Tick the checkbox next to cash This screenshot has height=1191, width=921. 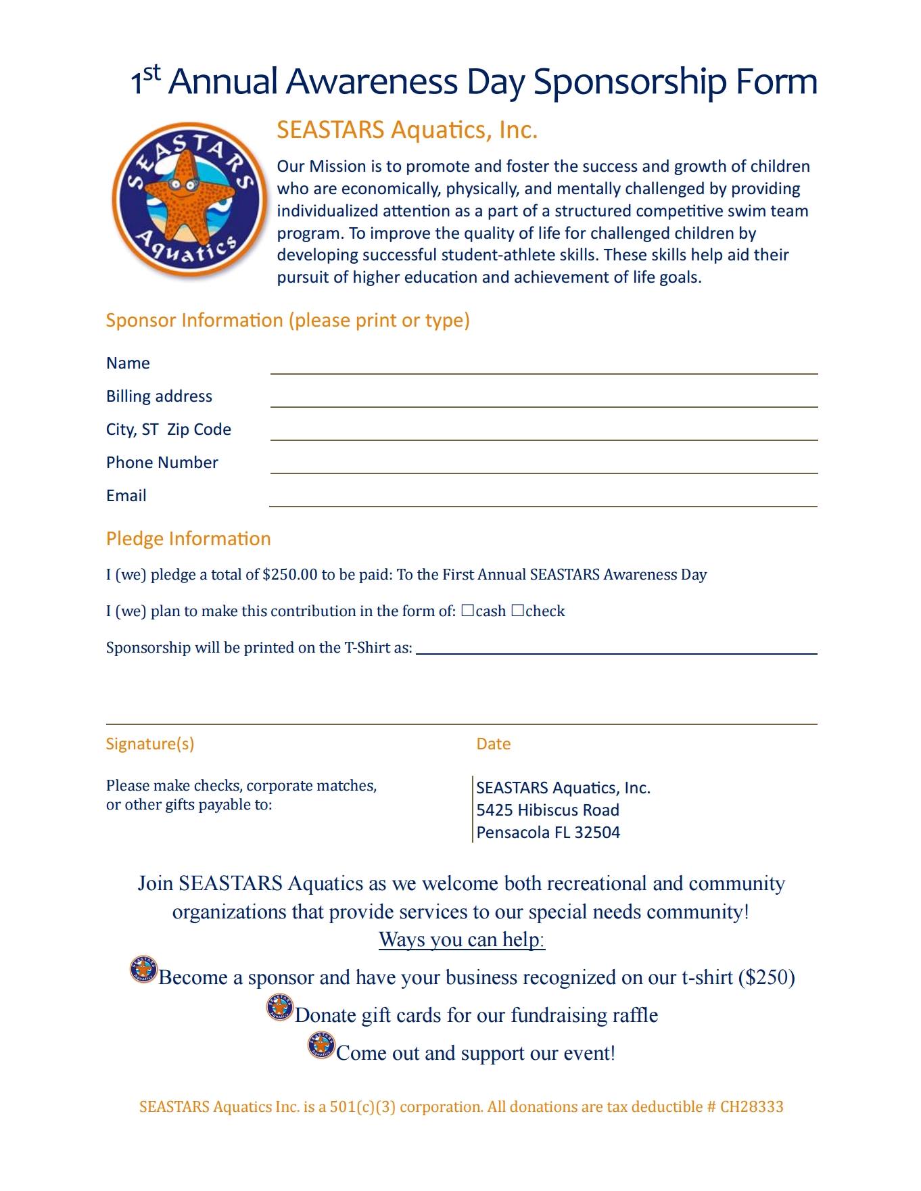[467, 611]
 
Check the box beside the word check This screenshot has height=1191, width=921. [517, 611]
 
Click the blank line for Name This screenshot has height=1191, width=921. [544, 368]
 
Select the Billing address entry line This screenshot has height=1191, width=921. [544, 401]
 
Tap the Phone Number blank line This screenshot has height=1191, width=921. [544, 467]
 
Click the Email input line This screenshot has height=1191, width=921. [544, 500]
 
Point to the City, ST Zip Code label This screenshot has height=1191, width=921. [168, 429]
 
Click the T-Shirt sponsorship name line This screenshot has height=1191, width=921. [616, 649]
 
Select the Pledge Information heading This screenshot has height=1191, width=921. [188, 538]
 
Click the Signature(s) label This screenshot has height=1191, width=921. [149, 744]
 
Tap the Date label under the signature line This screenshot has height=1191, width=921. [493, 744]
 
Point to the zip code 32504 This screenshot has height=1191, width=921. [597, 833]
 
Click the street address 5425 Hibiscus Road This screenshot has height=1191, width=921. [547, 810]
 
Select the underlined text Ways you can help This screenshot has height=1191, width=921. [462, 939]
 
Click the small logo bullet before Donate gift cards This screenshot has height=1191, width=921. [279, 1008]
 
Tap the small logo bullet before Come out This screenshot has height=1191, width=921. [321, 1045]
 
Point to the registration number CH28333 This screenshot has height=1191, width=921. [751, 1107]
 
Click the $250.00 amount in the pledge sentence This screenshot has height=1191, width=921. [289, 575]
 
